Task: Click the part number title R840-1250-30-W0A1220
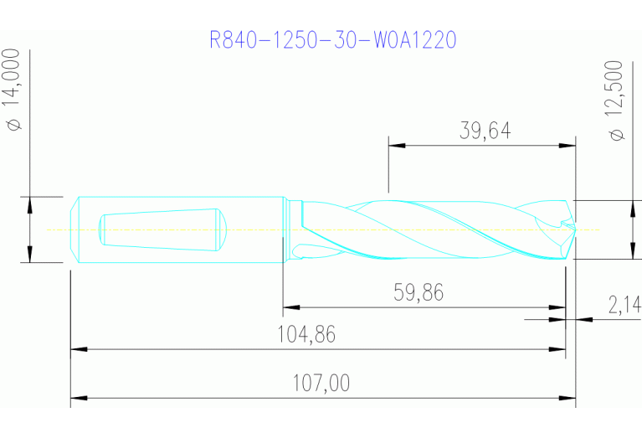pos(333,40)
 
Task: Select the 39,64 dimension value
pos(485,131)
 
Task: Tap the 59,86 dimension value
pos(419,292)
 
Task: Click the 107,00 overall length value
pos(321,384)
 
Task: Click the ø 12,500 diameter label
pos(618,100)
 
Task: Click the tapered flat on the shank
pos(159,229)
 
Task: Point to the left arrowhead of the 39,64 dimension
pos(395,146)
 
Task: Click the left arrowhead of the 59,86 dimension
pos(290,307)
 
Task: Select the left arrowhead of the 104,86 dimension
pos(76,348)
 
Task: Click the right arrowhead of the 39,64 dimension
pos(570,146)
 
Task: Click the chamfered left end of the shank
pos(75,229)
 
